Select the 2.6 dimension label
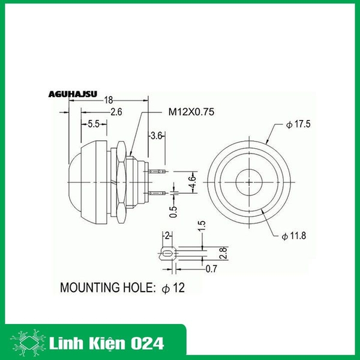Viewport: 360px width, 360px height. click(116, 112)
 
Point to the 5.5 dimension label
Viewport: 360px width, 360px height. click(94, 124)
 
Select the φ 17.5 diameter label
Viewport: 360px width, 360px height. click(299, 125)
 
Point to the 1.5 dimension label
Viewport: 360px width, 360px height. click(202, 227)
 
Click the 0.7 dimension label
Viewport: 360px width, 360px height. click(211, 269)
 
